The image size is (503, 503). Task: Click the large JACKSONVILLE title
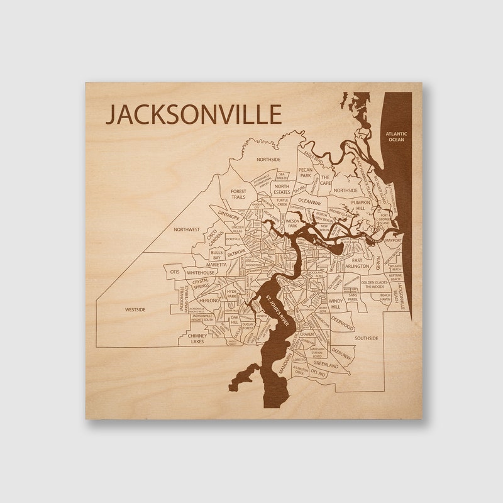[193, 115]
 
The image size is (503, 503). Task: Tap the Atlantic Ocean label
[397, 136]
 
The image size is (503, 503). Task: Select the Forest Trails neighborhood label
[238, 194]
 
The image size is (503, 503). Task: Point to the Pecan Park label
[306, 173]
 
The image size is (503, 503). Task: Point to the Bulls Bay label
[217, 255]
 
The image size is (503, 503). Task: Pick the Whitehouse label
[201, 273]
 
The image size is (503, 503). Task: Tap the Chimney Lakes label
[192, 339]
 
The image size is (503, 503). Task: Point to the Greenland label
[326, 364]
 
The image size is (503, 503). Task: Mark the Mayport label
[393, 240]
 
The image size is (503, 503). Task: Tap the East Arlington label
[357, 263]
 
